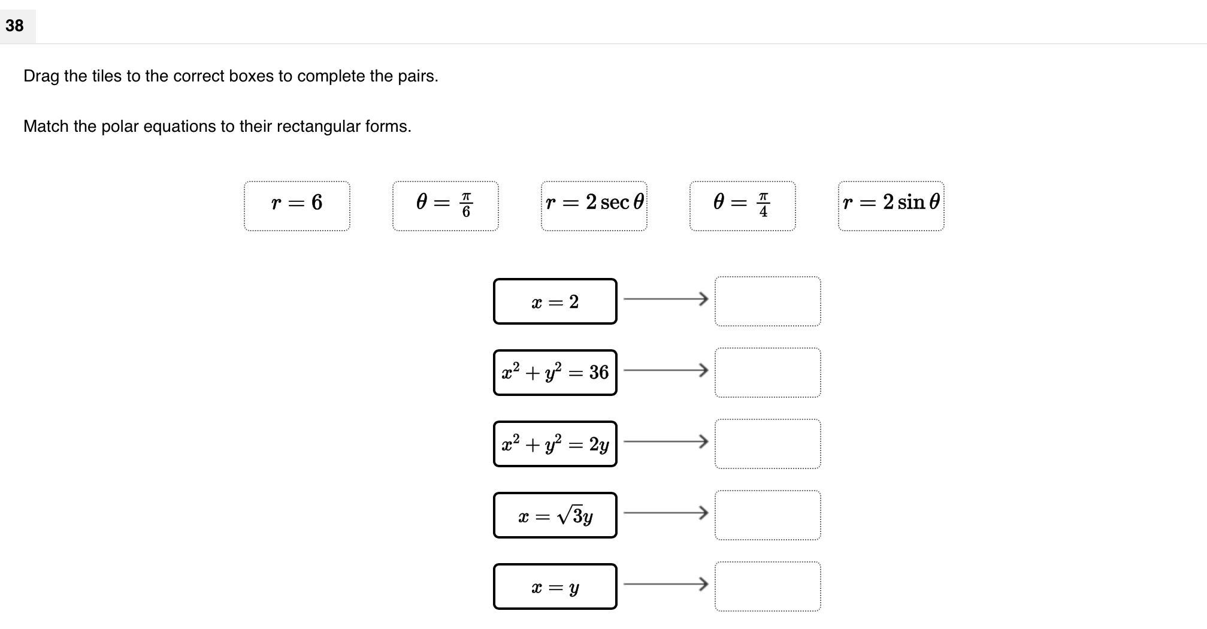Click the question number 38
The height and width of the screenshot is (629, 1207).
(x=14, y=25)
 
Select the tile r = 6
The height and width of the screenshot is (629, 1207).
(x=297, y=205)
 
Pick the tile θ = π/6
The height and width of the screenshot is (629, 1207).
(x=445, y=205)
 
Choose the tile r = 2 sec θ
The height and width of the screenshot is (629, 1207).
(x=594, y=205)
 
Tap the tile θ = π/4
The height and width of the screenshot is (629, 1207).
(x=742, y=205)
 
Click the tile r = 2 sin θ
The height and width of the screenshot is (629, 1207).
(x=891, y=205)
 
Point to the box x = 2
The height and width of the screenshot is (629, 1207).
(x=555, y=301)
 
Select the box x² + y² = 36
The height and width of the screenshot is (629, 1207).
(x=555, y=373)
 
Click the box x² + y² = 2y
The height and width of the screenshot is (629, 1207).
(x=555, y=444)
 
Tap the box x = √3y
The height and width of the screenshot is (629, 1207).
(x=555, y=515)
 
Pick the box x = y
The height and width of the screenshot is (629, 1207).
(x=555, y=586)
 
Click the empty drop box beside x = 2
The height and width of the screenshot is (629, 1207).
(x=767, y=301)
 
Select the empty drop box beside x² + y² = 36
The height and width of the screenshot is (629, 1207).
(x=767, y=373)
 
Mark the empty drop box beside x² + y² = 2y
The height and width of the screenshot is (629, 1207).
(x=767, y=444)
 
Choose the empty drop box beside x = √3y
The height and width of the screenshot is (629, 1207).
(x=767, y=515)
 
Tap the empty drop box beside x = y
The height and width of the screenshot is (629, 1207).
(x=767, y=586)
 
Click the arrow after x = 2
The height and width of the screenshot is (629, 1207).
(x=665, y=298)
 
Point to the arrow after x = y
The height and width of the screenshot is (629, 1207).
(x=665, y=583)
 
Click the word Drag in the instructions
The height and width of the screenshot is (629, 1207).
(x=41, y=76)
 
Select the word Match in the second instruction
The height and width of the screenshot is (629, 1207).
(x=46, y=126)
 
